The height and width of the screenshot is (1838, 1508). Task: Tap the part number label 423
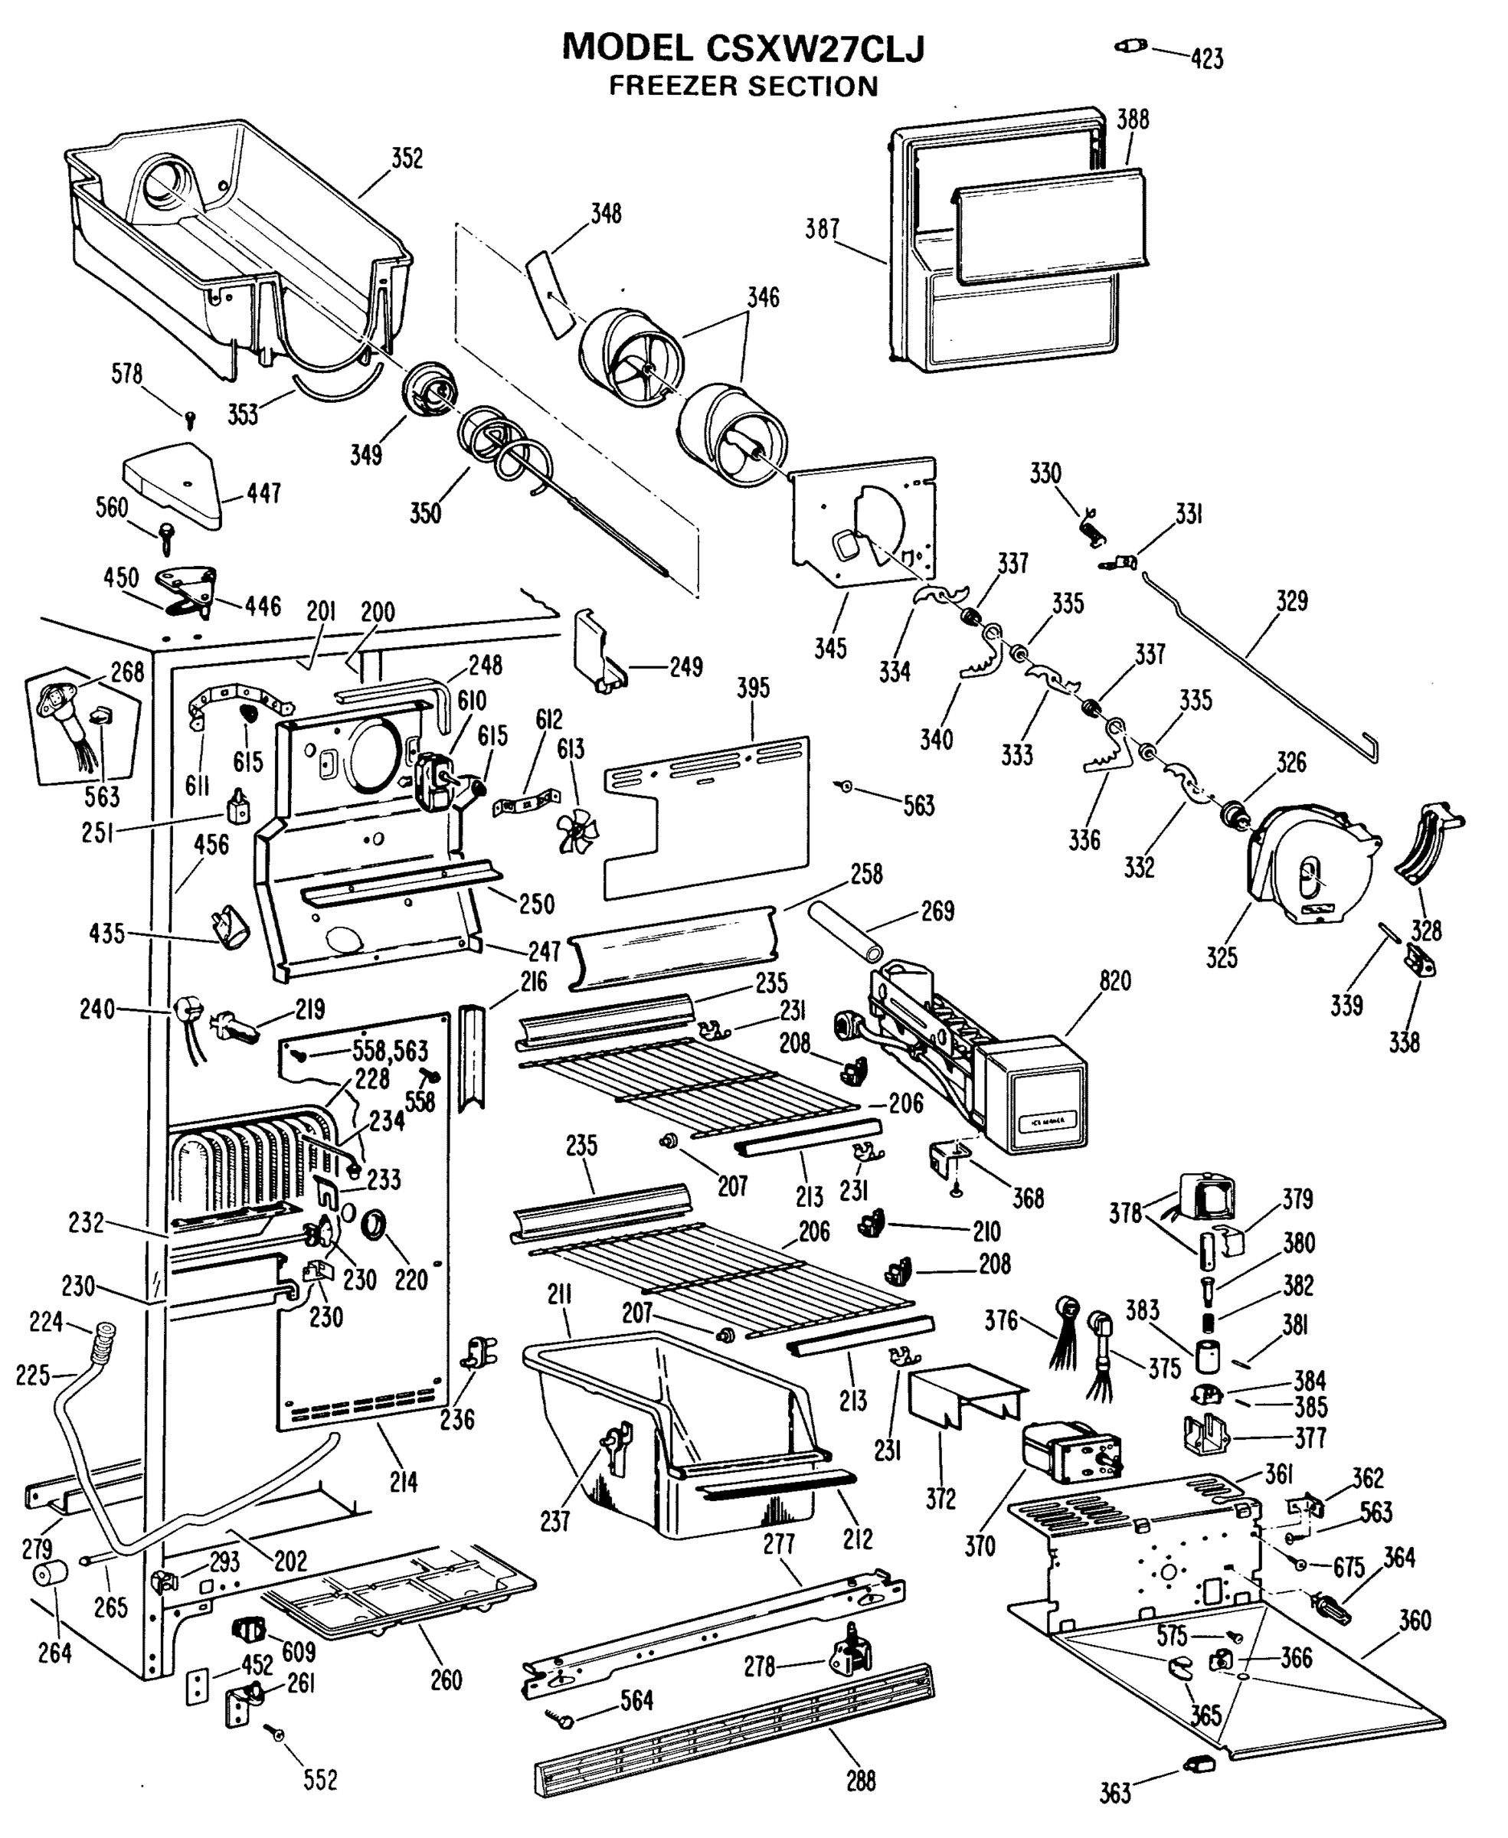(1208, 59)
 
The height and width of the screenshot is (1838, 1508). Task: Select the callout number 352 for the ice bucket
(407, 159)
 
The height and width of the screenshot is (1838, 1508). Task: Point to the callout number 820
(1115, 981)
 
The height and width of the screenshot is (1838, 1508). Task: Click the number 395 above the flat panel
(753, 688)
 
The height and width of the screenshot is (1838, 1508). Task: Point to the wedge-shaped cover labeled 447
(174, 485)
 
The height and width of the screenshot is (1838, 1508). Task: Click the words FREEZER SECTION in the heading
(743, 87)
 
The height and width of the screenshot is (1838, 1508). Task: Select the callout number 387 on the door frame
(822, 228)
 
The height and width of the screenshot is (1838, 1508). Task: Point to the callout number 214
(403, 1482)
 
